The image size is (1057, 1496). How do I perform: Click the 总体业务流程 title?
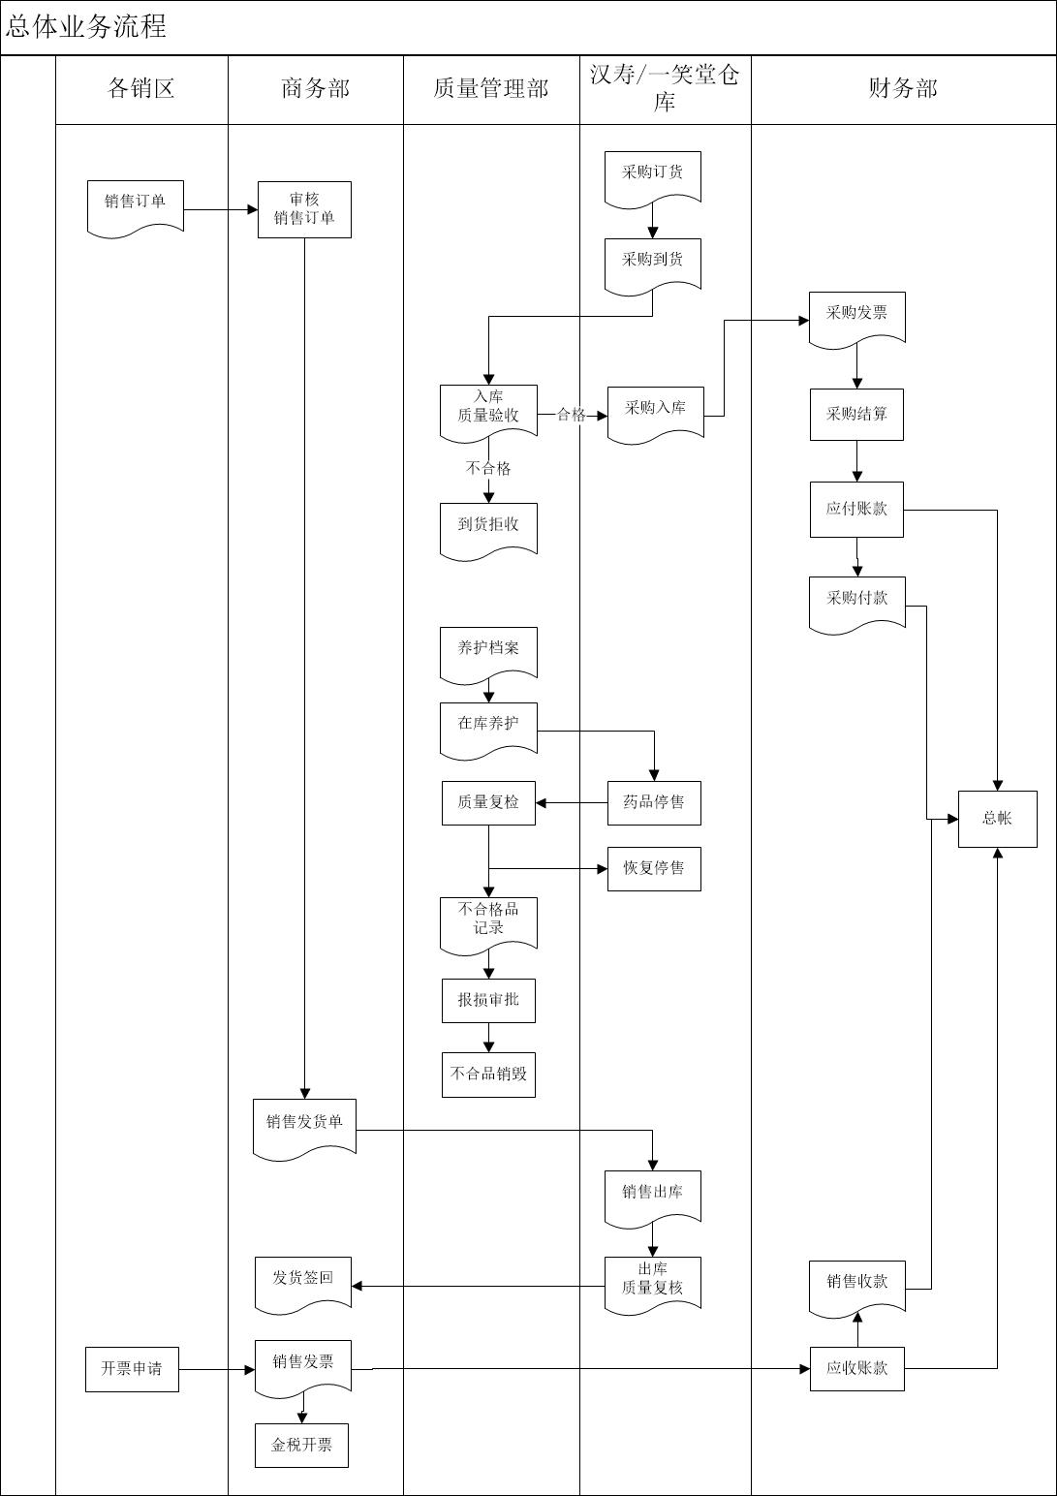pos(86,26)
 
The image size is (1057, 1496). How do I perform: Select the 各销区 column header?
pos(140,89)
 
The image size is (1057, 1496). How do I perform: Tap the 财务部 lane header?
pos(902,89)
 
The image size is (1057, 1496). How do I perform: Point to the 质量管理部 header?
pos(490,89)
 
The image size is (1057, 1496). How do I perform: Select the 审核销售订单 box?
pos(304,209)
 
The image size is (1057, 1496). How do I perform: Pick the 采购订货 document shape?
pos(652,175)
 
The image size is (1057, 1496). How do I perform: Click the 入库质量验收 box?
pos(488,409)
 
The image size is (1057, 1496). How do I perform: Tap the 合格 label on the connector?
pos(572,415)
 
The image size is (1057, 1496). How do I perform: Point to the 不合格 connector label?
pos(488,469)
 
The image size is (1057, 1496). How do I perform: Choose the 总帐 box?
pos(997,819)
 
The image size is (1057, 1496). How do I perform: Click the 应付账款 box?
pos(856,510)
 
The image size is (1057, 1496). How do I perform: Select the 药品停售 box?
pos(654,803)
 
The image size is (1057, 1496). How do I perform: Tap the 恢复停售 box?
pos(654,869)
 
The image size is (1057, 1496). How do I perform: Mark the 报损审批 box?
pos(488,1001)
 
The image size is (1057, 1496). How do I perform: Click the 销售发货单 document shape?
pos(304,1125)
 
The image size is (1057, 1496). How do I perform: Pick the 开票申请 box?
pos(132,1369)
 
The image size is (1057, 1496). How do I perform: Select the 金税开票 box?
pos(301,1446)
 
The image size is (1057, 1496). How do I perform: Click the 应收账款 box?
pos(856,1369)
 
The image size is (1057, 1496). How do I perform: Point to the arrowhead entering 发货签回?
pos(357,1286)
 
